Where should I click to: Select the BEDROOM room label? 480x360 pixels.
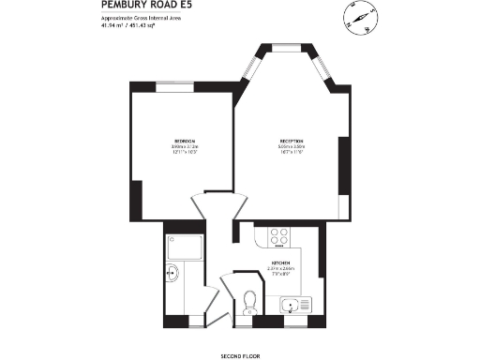[184, 140]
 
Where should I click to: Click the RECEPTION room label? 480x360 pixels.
[291, 141]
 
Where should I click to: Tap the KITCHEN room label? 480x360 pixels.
[280, 262]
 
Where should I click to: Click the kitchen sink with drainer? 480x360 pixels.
[298, 304]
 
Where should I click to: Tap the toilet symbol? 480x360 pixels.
[248, 300]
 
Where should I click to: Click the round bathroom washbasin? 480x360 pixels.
[172, 274]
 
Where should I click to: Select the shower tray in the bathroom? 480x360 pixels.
[181, 246]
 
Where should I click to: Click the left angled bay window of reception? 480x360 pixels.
[249, 67]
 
